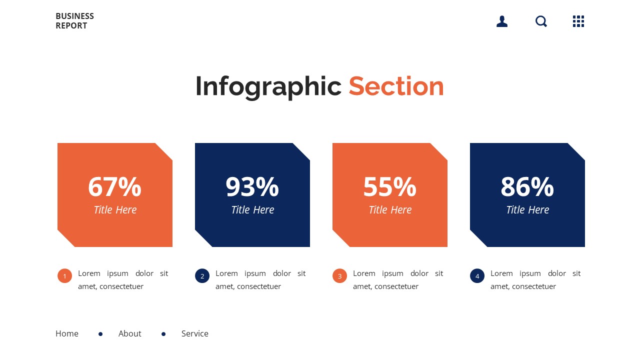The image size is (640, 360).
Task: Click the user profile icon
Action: pos(502,21)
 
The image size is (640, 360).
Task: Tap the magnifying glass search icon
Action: pos(541,21)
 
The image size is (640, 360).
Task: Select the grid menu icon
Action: pos(578,21)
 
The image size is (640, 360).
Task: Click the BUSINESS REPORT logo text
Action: pos(74,21)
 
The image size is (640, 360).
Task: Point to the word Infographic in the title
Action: pos(268,86)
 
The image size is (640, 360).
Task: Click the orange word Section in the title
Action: pos(396,86)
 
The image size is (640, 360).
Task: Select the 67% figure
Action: pos(114,187)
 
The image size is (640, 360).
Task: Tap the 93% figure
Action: pos(252,187)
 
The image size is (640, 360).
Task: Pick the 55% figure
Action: pos(389,187)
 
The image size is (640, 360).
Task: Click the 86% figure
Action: pos(527,187)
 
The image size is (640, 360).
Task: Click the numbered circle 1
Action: pos(64,276)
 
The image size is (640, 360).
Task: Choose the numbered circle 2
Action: pos(202,276)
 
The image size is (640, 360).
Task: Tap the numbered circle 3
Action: pos(339,276)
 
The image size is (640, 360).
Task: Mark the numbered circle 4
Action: pos(477,276)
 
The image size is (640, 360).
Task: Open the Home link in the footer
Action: pos(67,333)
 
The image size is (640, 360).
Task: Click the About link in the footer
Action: pos(130,333)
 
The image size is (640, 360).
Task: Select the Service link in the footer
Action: pos(195,333)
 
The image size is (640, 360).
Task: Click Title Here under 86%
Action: pos(527,210)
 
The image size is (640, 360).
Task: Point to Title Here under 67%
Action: pos(115,210)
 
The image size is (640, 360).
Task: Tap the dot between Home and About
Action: pos(100,334)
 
